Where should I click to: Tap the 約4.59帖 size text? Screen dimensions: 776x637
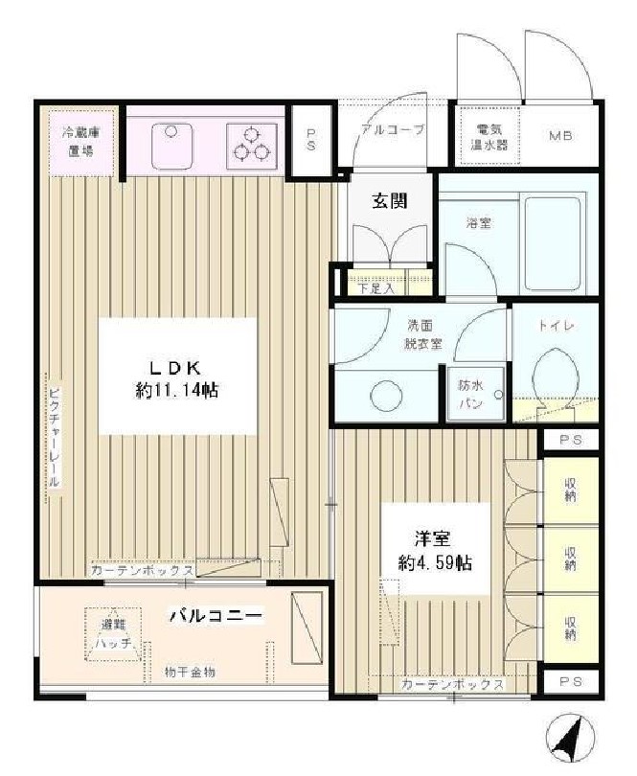tap(437, 562)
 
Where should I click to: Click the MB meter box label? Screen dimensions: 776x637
tap(560, 135)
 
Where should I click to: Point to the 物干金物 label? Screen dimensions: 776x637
tap(189, 673)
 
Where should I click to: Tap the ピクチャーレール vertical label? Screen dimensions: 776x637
tap(54, 433)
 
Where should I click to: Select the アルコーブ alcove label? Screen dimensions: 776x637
tap(393, 127)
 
